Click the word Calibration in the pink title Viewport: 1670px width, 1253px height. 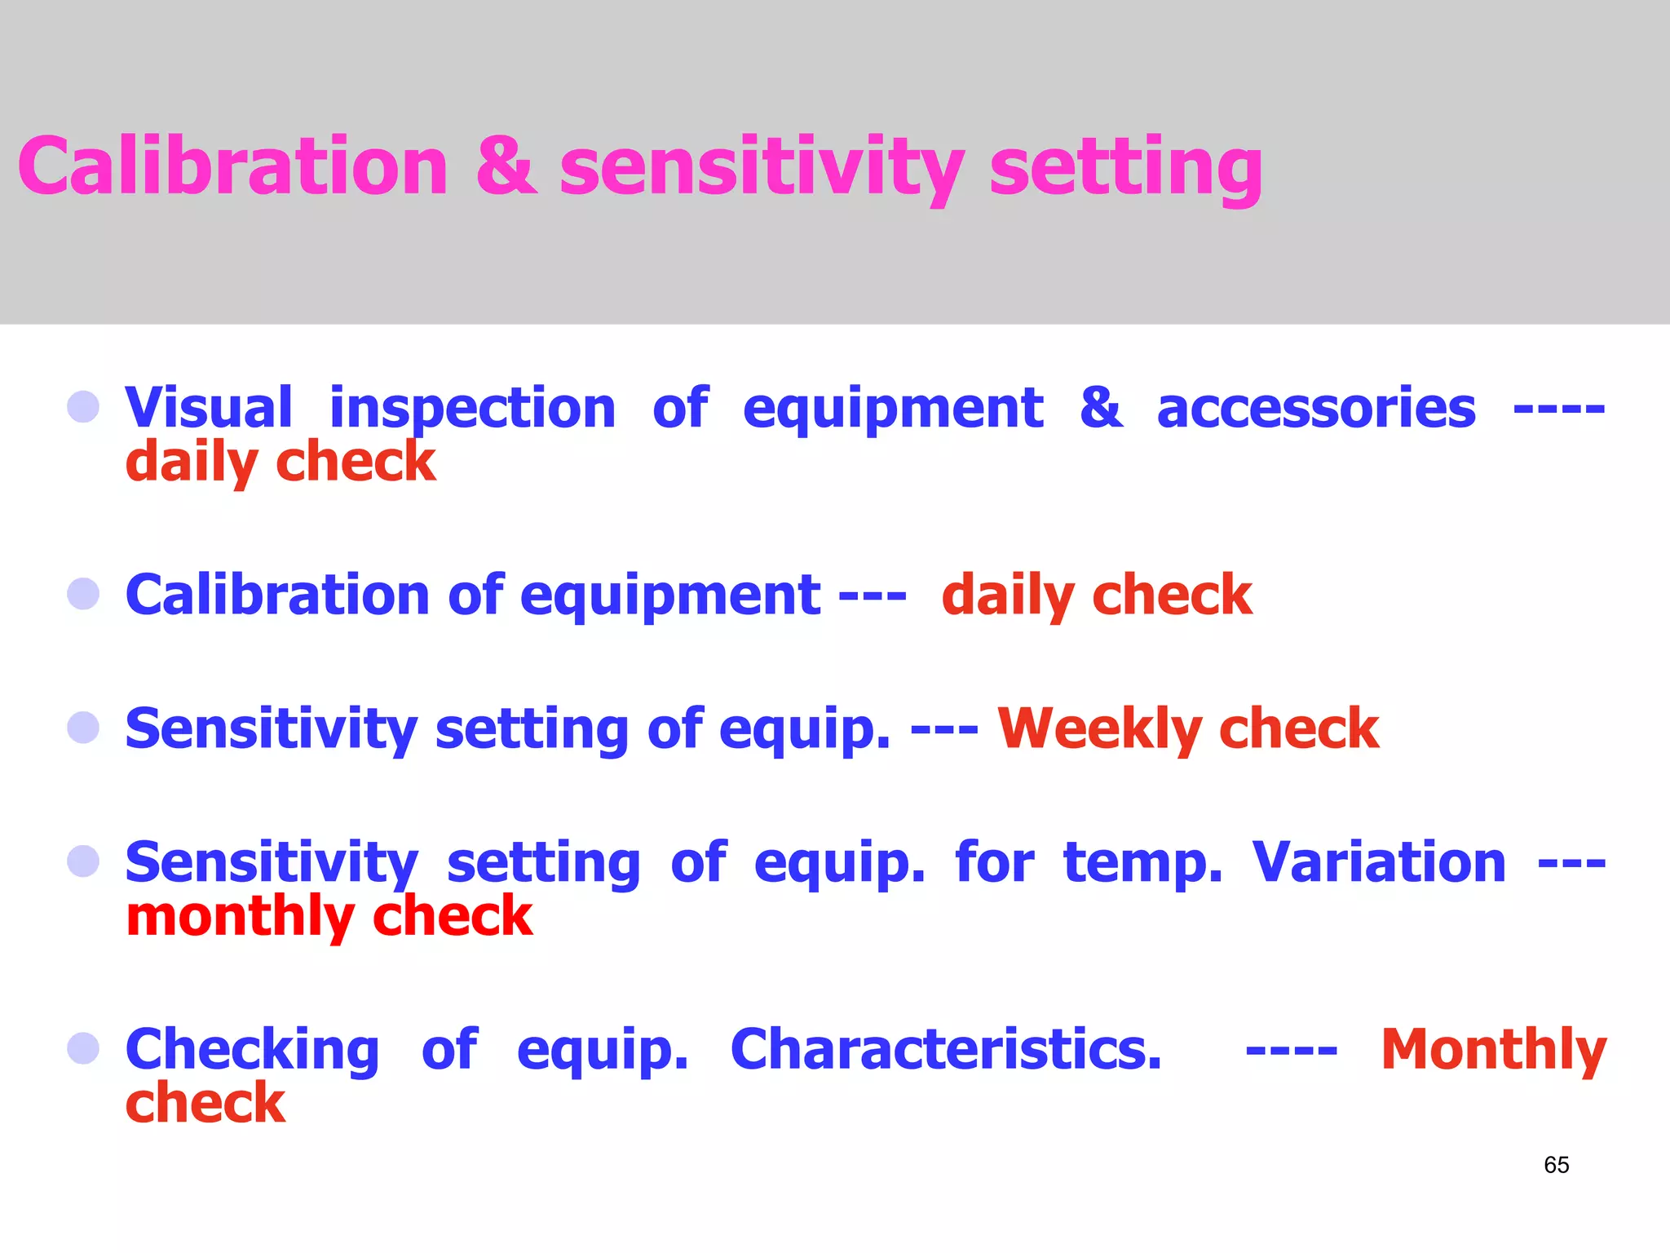point(233,167)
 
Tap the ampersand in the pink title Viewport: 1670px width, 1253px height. point(506,167)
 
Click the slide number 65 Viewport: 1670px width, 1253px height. point(1556,1165)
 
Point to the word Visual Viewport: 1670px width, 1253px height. point(209,407)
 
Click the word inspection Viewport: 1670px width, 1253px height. point(472,409)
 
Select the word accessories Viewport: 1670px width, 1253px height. point(1315,409)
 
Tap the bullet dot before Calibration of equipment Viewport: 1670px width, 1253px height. point(83,594)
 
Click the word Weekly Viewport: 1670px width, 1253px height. point(1097,728)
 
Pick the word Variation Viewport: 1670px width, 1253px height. point(1378,862)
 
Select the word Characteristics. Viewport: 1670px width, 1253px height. point(946,1049)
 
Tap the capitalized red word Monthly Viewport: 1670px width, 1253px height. point(1493,1051)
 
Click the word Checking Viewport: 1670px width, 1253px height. point(252,1051)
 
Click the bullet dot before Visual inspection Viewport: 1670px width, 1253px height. point(83,406)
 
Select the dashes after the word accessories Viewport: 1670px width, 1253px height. point(1558,409)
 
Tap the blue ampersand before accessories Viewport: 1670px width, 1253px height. point(1101,407)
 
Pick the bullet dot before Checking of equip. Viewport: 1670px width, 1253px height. point(83,1048)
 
